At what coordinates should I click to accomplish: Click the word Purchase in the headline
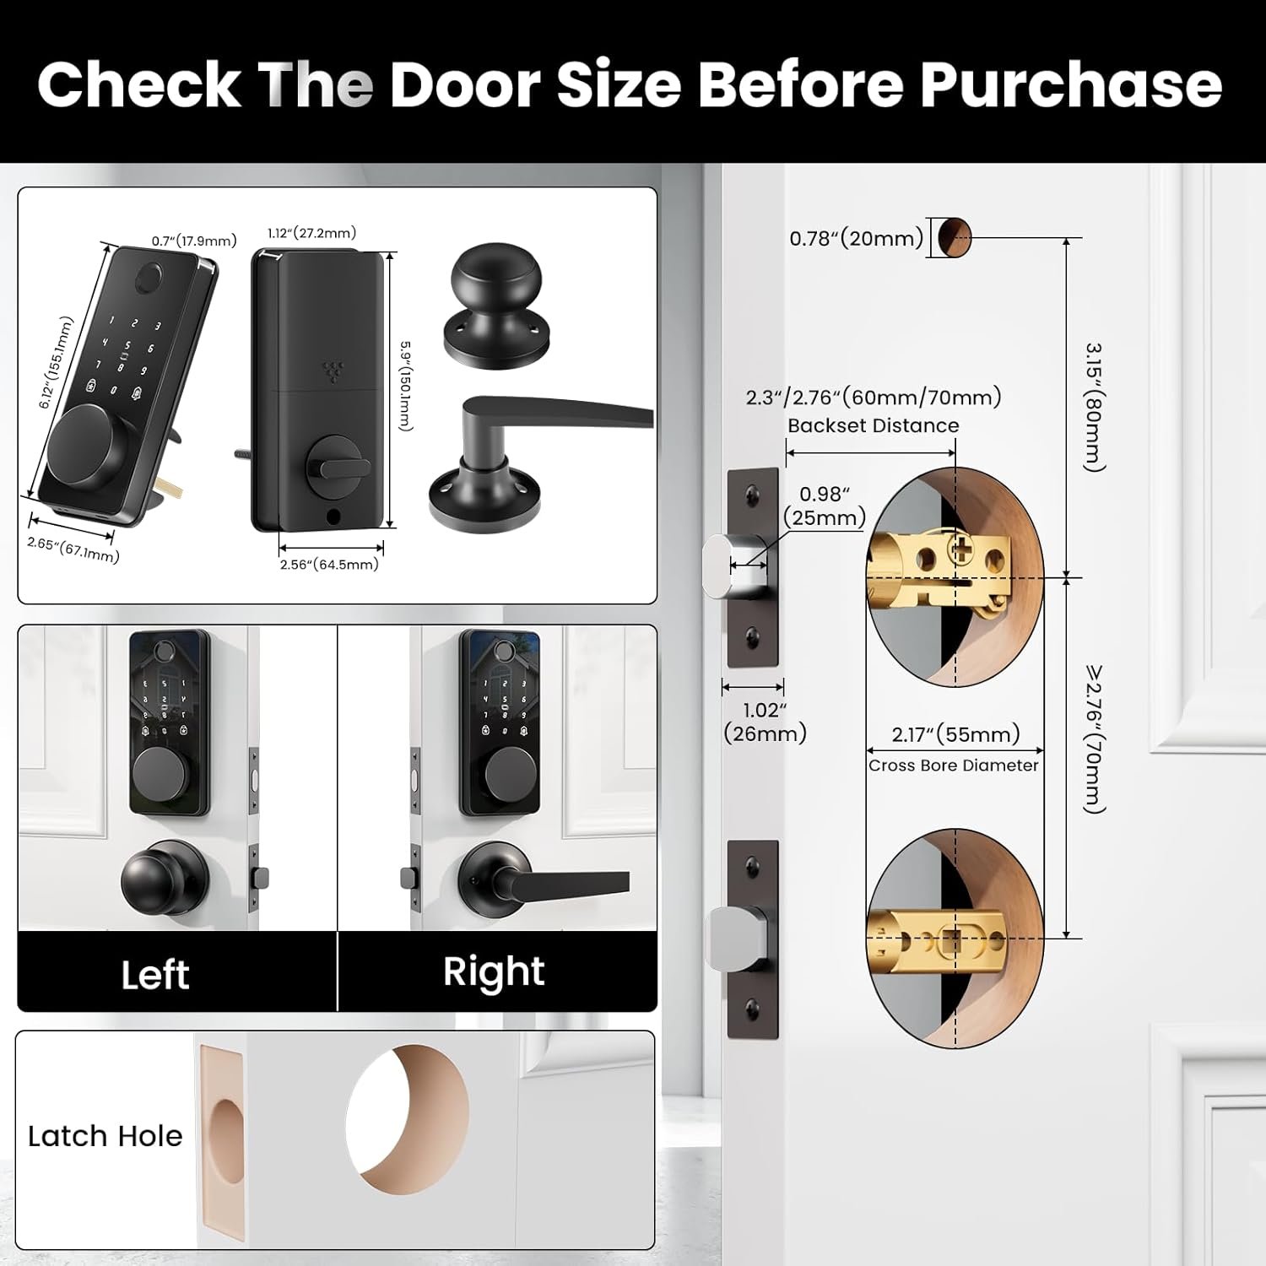click(1070, 85)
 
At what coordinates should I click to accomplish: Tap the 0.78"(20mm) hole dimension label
click(856, 238)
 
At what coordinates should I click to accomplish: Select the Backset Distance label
click(874, 425)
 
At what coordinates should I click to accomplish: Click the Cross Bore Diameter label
click(954, 766)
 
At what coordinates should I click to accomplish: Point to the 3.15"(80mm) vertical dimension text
click(1095, 407)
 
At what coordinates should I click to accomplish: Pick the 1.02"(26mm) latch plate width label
click(765, 722)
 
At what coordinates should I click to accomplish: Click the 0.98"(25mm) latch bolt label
click(825, 506)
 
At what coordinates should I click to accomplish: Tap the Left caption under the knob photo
click(155, 975)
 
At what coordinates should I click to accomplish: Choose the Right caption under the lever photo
click(494, 972)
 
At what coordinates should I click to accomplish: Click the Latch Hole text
click(105, 1136)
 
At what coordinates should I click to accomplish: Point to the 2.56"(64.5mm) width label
click(329, 564)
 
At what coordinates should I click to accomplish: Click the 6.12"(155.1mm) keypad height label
click(56, 363)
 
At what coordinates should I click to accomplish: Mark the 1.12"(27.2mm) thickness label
click(311, 233)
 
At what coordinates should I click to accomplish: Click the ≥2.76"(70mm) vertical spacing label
click(1095, 739)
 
